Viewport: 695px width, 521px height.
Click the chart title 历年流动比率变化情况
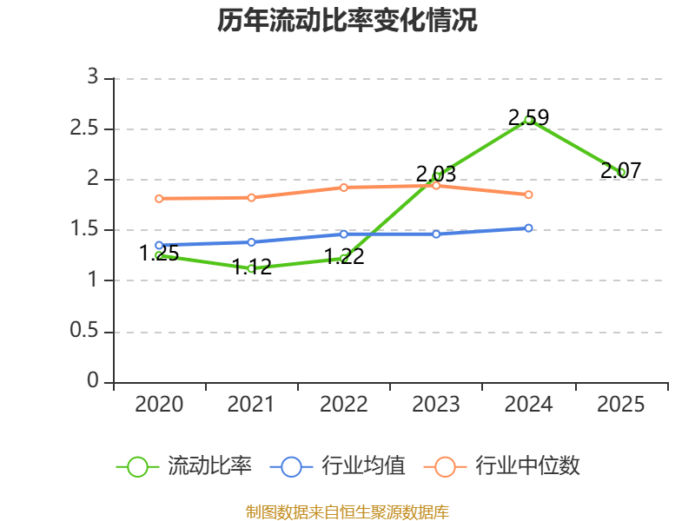347,21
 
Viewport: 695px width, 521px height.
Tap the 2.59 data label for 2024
528,116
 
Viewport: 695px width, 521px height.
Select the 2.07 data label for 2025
620,171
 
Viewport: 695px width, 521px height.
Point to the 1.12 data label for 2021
252,267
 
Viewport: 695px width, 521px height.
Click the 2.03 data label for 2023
436,174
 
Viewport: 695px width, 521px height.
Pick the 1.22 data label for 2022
344,256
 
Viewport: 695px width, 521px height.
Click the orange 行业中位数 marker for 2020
159,199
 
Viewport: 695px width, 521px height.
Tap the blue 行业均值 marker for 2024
528,228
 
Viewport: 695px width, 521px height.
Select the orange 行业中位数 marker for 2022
344,188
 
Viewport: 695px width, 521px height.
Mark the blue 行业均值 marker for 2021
252,242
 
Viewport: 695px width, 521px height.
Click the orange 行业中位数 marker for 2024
528,195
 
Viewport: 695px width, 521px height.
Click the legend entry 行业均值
338,466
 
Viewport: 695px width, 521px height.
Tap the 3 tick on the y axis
93,78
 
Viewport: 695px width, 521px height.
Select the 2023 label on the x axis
436,405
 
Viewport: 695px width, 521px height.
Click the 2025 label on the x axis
620,405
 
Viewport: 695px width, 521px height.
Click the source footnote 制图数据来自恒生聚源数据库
347,511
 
